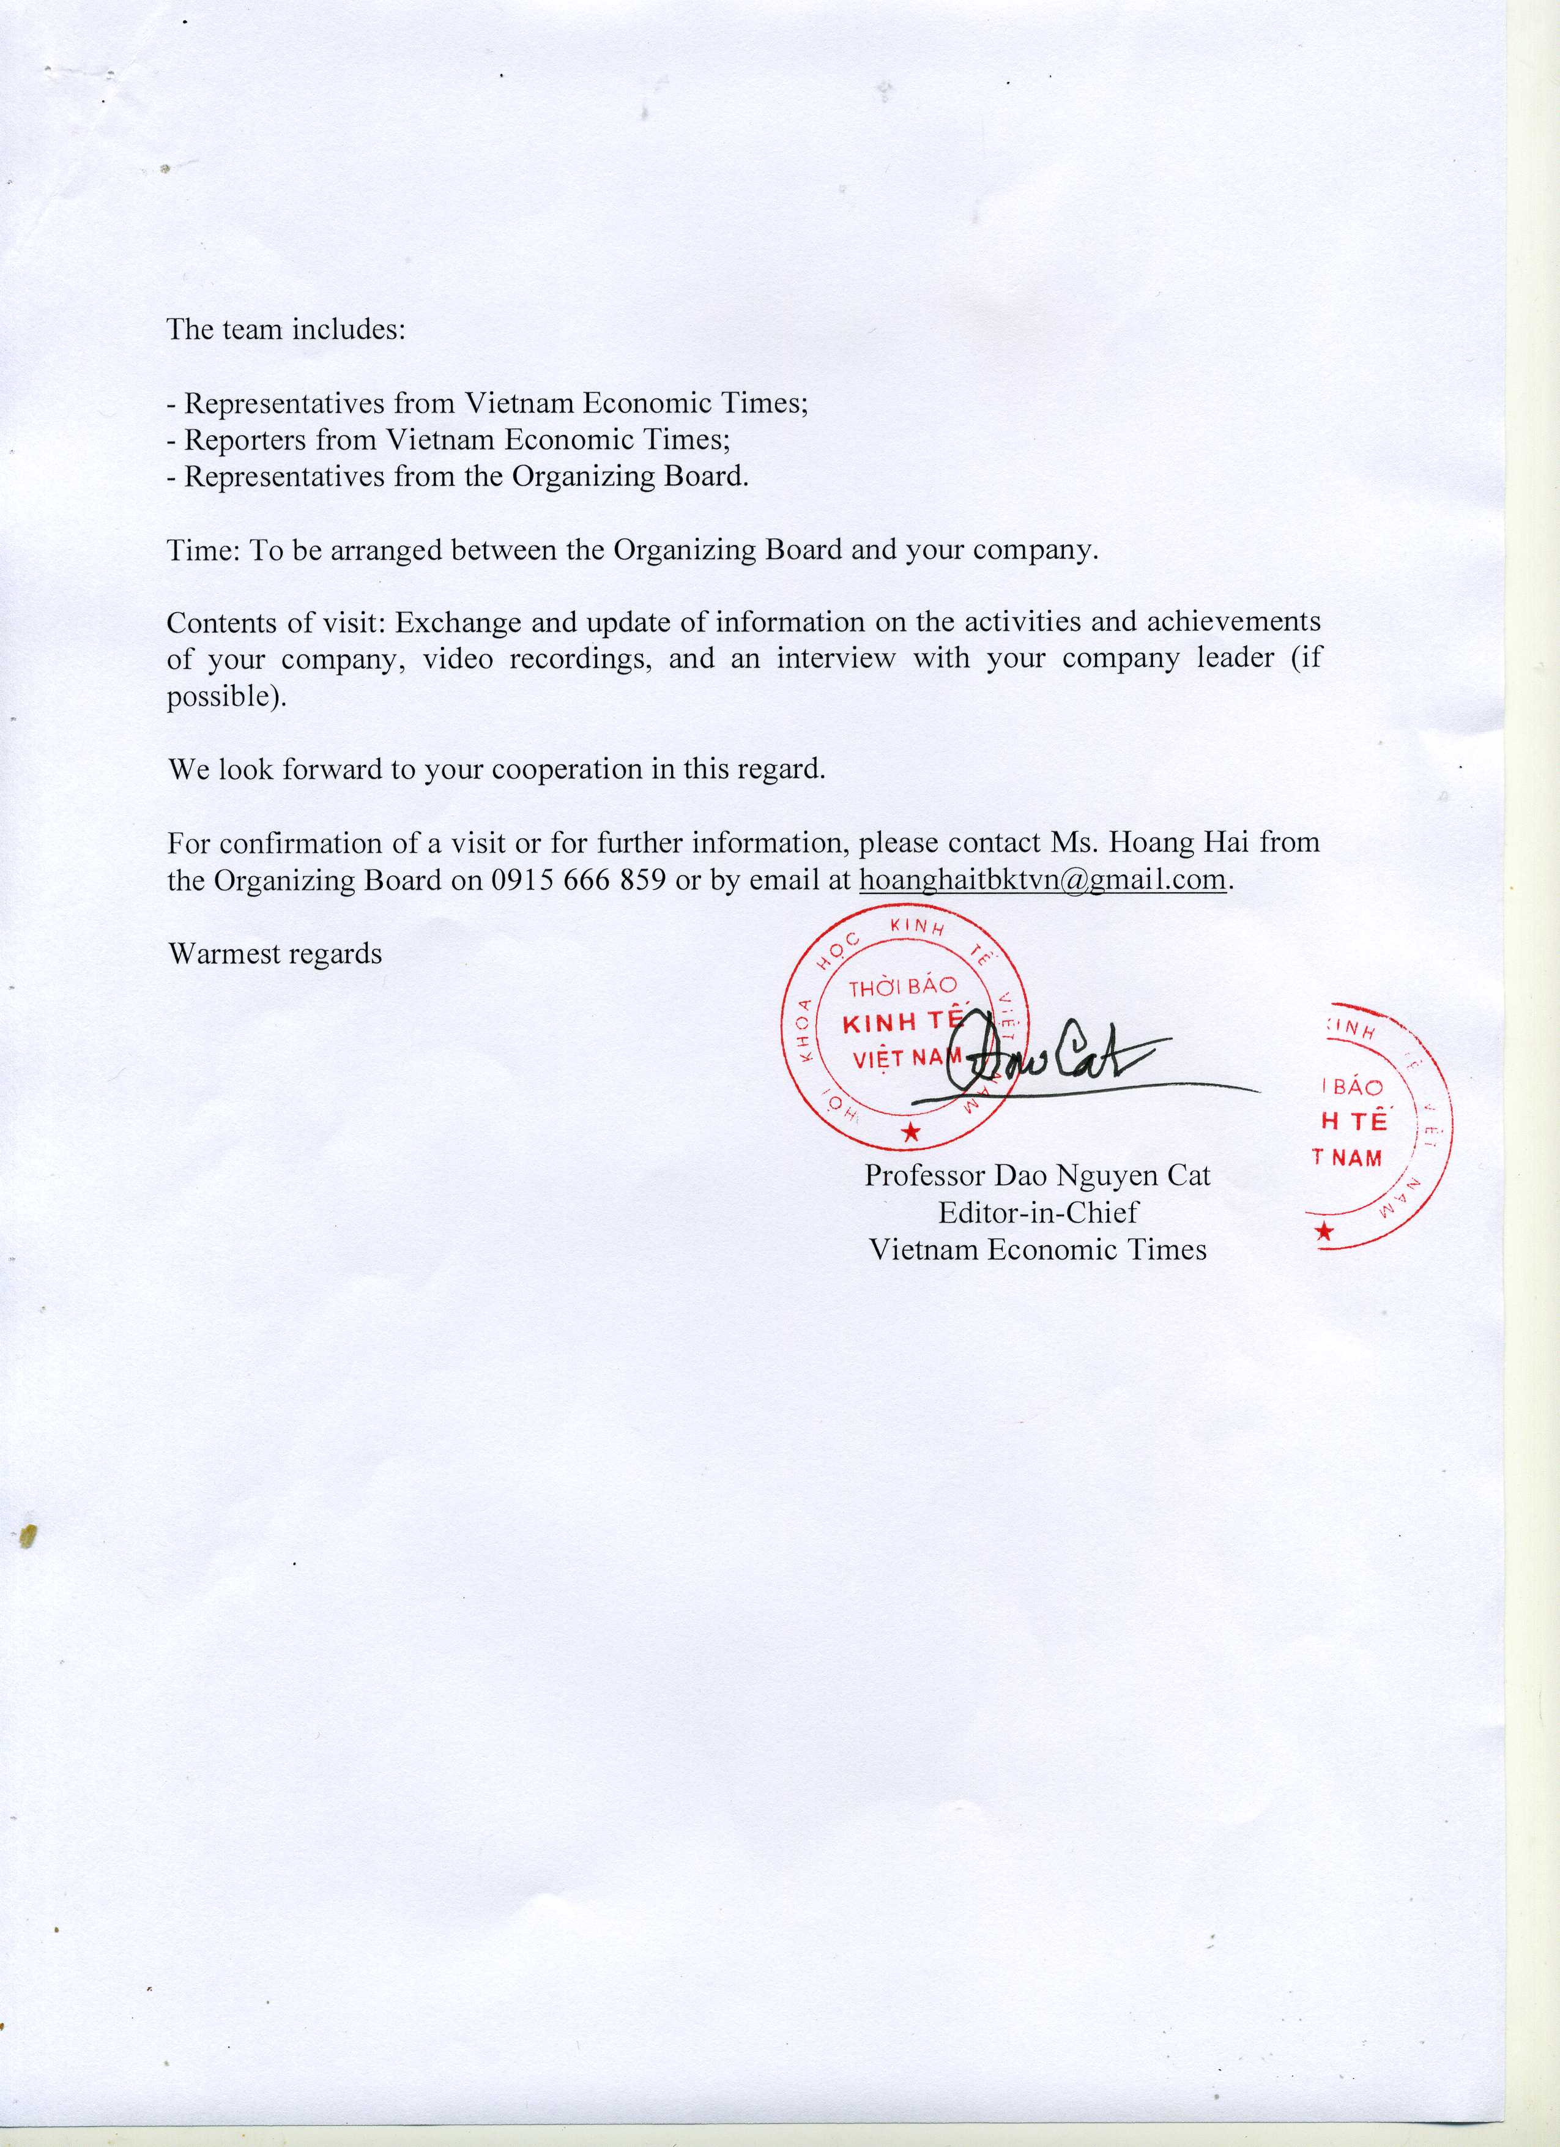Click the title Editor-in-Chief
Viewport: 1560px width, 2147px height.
click(1038, 1213)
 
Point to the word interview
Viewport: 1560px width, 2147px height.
click(835, 659)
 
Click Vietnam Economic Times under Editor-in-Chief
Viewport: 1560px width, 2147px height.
click(1038, 1249)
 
